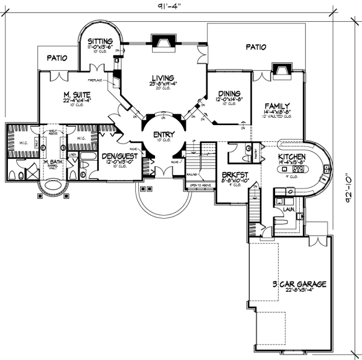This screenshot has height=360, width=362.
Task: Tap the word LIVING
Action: point(163,77)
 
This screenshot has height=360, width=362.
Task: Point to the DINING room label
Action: point(229,94)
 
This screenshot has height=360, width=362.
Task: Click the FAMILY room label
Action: point(279,104)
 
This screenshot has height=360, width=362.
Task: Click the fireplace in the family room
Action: point(280,71)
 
